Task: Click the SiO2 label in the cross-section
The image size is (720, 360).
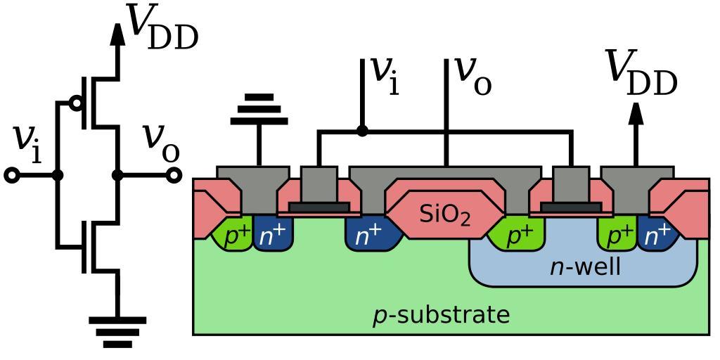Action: (445, 214)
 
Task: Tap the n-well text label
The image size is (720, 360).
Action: (585, 267)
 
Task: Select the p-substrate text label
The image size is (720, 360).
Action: (441, 315)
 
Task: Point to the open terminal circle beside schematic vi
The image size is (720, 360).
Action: (12, 175)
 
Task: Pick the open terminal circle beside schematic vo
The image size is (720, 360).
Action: (174, 175)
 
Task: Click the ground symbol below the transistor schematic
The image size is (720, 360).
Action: (117, 330)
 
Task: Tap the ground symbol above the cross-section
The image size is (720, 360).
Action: (259, 109)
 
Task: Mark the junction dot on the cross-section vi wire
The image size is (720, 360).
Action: (362, 131)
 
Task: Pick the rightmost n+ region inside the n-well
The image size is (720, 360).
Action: (658, 235)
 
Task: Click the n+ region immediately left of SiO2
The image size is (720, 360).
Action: (368, 235)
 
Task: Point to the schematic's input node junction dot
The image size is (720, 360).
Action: (58, 175)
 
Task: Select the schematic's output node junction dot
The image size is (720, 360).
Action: (117, 175)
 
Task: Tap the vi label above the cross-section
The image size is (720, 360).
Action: (384, 76)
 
